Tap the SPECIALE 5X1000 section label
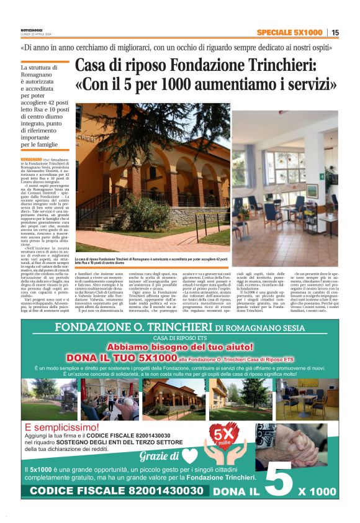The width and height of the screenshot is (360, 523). pyautogui.click(x=289, y=32)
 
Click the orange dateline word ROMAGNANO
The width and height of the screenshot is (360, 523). pyautogui.click(x=30, y=159)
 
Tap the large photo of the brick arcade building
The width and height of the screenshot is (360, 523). pyautogui.click(x=153, y=180)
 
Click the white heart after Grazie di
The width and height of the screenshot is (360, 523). pyautogui.click(x=190, y=457)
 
